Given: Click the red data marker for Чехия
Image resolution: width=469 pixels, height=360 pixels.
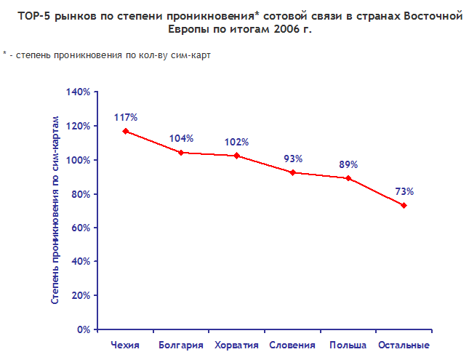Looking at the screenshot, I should point(126,131).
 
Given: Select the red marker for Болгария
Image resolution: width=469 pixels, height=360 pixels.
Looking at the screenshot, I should point(181,153).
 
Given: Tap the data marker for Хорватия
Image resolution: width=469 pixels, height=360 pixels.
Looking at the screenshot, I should point(237,156).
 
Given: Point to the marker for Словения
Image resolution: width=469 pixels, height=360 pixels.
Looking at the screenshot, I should point(292,172).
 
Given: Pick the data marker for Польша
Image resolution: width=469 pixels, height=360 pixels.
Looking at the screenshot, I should point(348,178).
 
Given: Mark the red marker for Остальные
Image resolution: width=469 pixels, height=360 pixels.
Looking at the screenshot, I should point(404,205).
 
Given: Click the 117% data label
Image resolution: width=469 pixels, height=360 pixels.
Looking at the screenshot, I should point(126,117).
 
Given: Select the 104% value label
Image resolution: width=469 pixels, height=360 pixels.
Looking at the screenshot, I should point(181,139).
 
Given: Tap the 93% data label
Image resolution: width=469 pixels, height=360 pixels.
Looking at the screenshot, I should point(292,159).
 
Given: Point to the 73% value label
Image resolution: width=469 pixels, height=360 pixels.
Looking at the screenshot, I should point(404,191).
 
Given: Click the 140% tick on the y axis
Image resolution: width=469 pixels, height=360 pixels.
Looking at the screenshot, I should point(77,92).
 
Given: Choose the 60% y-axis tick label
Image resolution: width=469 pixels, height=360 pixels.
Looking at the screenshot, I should point(80,228).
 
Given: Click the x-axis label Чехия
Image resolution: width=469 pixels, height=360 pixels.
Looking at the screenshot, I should point(125,345).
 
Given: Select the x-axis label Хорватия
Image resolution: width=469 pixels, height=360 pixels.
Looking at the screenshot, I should point(236,345).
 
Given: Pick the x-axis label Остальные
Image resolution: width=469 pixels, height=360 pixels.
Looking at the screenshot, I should point(404,345).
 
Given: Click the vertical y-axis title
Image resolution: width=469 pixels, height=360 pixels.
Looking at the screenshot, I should point(55,210).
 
